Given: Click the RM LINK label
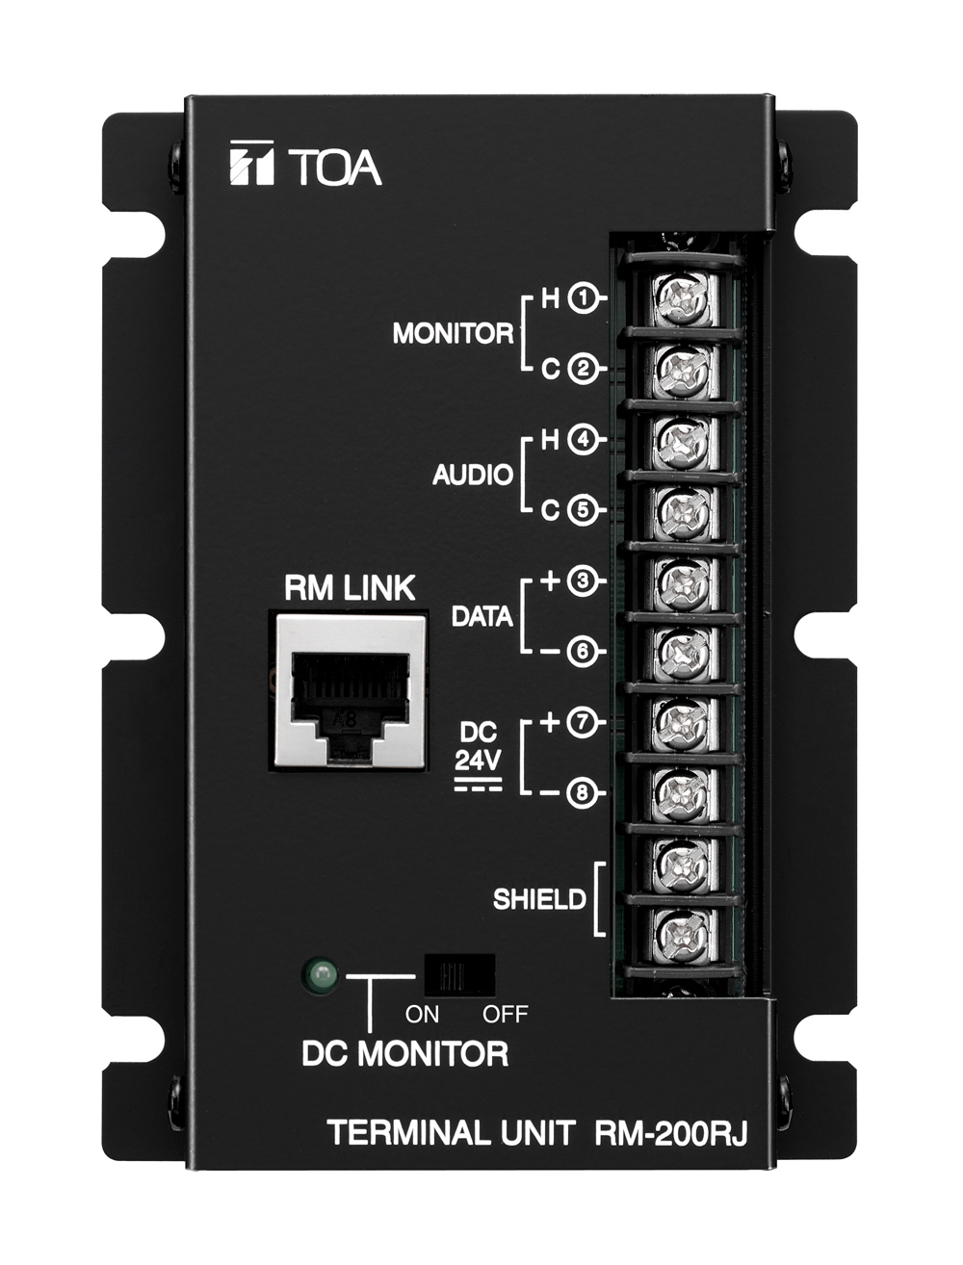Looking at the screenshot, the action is [350, 588].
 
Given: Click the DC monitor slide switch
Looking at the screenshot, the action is [459, 975].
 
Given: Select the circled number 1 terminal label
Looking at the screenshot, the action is [584, 297].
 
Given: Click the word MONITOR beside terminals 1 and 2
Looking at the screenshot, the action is [453, 334].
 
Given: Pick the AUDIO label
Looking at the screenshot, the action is [473, 475].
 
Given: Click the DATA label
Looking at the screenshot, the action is [481, 617].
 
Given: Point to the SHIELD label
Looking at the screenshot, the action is [539, 899].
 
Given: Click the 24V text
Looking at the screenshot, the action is [478, 762].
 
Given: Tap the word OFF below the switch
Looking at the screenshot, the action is [505, 1015].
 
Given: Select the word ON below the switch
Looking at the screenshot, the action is [423, 1015].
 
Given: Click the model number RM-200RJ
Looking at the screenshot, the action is [670, 1134].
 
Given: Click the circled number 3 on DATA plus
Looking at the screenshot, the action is [583, 581].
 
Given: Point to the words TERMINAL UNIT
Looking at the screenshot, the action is [452, 1134].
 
